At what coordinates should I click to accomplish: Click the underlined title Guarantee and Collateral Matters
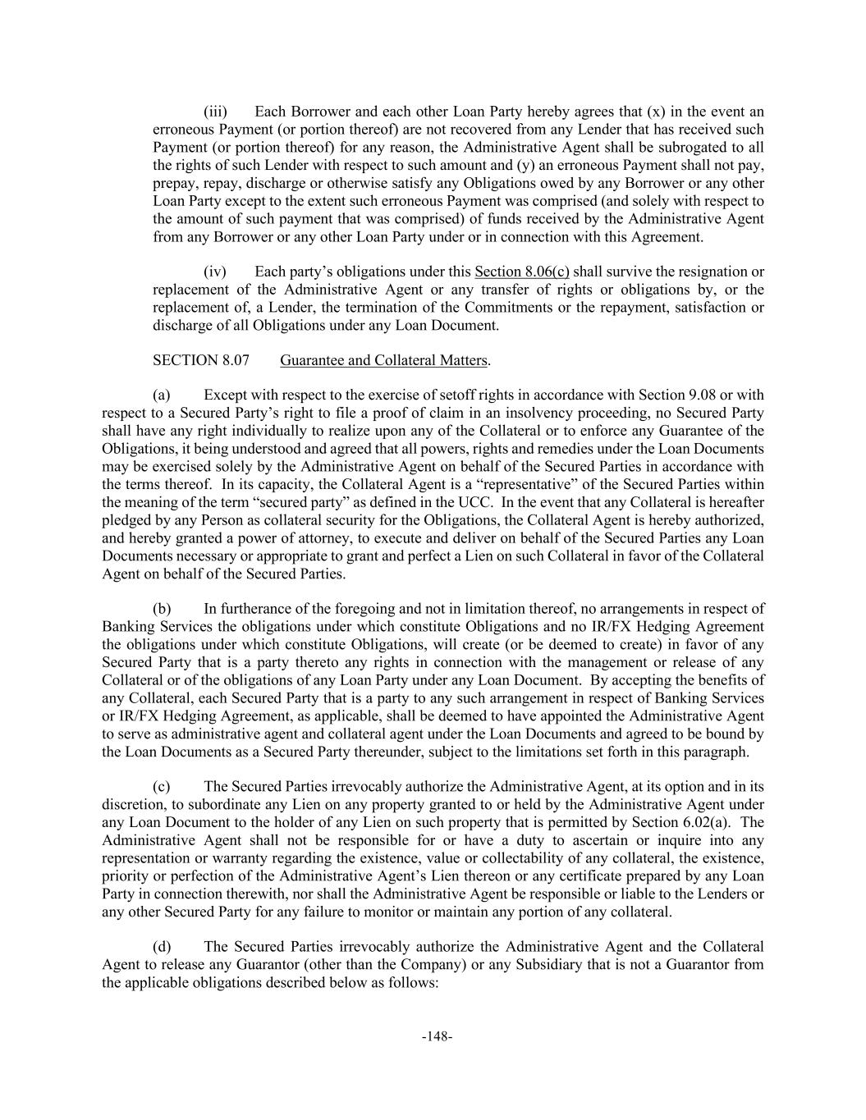383,360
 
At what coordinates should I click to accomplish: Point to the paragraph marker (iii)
215,112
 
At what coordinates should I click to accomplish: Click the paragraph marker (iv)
215,272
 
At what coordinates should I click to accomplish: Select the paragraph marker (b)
162,608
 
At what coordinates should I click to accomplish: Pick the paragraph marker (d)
162,946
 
